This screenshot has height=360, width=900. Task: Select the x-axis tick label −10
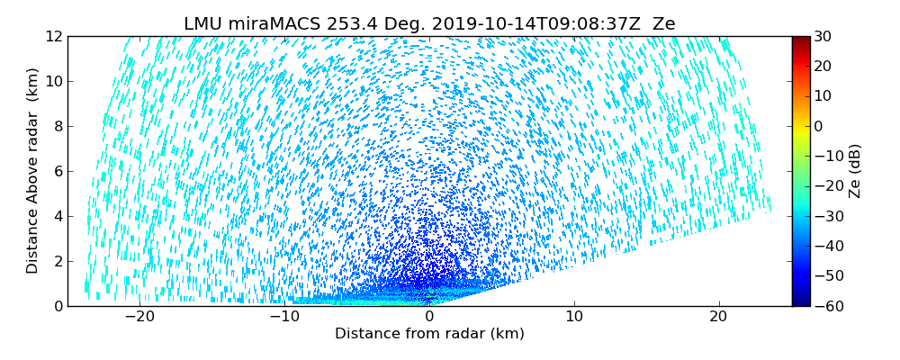pos(283,318)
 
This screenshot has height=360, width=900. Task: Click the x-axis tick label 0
pos(429,318)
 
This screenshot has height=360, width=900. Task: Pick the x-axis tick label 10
pos(574,318)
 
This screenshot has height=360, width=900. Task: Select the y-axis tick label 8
pos(58,127)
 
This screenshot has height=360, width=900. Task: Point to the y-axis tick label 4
pos(58,217)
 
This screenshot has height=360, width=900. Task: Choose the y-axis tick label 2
pos(58,262)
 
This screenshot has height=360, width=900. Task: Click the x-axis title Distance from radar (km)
pos(429,334)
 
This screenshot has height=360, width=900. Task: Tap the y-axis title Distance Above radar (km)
pos(33,171)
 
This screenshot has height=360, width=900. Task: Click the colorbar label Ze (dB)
pos(855,171)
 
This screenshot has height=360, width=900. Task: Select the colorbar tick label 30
pos(823,37)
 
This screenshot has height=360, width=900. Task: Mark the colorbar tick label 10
pos(823,96)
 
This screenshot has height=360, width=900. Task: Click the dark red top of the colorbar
pos(800,40)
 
